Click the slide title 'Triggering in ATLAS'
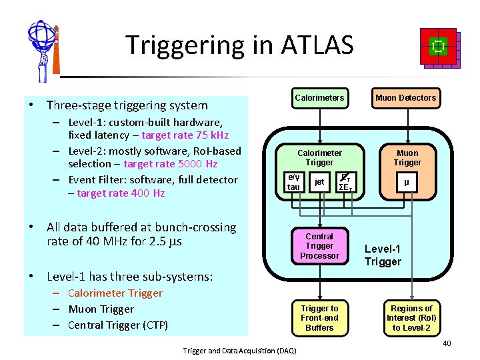[x=239, y=45]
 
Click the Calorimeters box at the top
[x=319, y=98]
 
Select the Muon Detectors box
[x=405, y=98]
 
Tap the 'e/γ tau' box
[x=293, y=182]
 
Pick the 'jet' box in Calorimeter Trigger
[x=319, y=182]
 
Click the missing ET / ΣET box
[x=346, y=182]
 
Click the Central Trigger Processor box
[x=319, y=246]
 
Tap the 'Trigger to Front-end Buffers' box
[x=319, y=317]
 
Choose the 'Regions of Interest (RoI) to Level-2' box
[x=411, y=317]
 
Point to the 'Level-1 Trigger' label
[x=383, y=255]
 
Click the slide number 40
[x=447, y=343]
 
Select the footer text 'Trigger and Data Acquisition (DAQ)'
[x=240, y=351]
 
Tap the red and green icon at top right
[x=438, y=48]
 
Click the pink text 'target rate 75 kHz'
[x=185, y=135]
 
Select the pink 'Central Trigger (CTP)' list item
[x=118, y=325]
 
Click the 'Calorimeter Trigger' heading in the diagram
[x=319, y=157]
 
